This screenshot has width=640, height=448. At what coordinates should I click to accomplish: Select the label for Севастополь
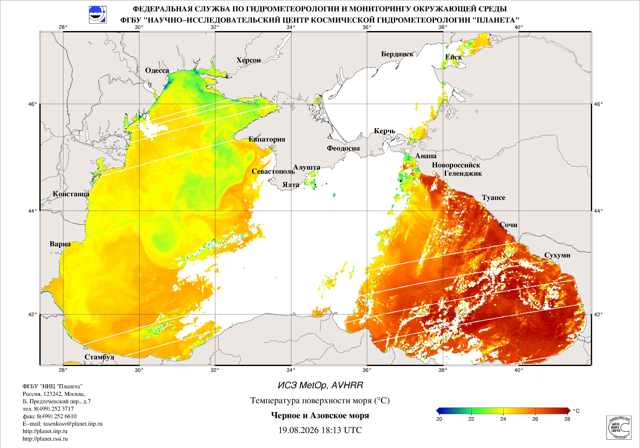pos(273,171)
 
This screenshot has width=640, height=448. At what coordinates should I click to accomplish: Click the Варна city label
pos(60,244)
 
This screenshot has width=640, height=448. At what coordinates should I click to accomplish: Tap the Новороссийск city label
pos(456,165)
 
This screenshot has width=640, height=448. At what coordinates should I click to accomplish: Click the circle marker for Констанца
pos(87,202)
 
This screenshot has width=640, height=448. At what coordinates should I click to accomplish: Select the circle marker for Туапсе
pos(484,205)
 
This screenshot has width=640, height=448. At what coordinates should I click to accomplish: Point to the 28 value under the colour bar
pos(567,419)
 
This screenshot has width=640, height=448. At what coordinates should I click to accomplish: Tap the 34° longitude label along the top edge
pos(291,27)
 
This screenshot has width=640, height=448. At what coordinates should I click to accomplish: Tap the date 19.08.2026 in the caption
pos(298,430)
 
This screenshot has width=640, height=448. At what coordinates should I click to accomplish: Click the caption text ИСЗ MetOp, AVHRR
pos(320,386)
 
